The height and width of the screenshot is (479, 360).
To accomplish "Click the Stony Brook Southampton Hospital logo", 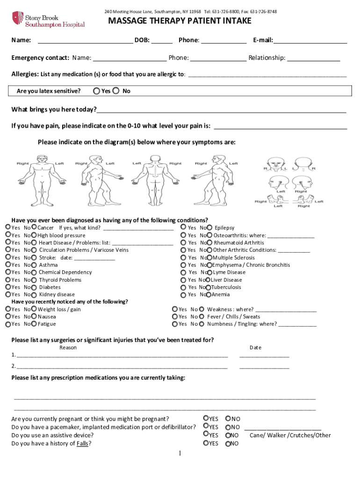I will click(48, 19).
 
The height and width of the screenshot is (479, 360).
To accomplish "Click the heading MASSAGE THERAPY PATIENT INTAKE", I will click(180, 21).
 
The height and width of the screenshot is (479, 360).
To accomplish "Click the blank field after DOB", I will click(162, 41).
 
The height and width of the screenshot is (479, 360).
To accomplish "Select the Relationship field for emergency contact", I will click(313, 58).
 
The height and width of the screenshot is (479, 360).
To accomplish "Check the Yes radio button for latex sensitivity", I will click(96, 91).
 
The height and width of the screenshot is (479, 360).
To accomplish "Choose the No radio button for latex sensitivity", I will click(115, 91).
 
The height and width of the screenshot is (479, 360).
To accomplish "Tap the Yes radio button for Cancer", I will click(8, 227).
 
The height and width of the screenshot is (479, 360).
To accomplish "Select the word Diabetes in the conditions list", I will click(50, 287).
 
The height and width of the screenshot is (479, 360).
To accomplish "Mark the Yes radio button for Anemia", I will click(183, 295).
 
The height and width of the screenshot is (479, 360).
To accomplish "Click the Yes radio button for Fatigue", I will click(8, 324).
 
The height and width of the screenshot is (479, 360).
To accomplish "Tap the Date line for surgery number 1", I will click(264, 355).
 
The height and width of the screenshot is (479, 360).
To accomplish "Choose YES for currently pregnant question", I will click(206, 419).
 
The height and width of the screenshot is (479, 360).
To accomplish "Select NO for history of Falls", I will click(228, 443).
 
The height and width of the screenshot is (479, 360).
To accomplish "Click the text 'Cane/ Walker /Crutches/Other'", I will click(290, 435).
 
